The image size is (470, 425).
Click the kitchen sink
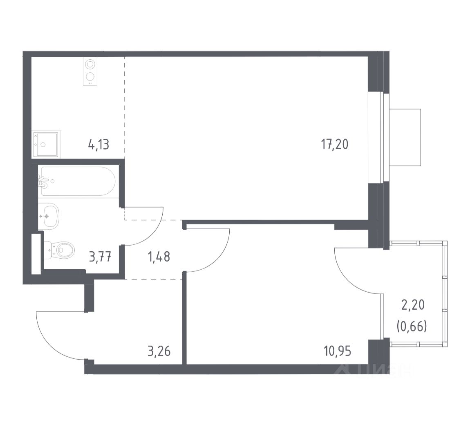coord(46,143)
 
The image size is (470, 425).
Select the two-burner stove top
coord(90,72)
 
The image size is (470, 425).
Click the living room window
coord(376,138)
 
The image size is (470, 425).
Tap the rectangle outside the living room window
coord(405,137)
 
